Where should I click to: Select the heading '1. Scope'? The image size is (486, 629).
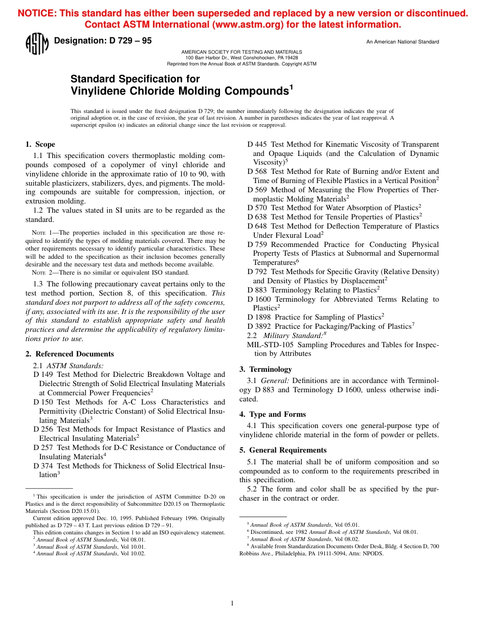(40, 145)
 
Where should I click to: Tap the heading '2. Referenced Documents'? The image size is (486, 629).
(70, 354)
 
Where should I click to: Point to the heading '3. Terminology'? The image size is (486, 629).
(266, 369)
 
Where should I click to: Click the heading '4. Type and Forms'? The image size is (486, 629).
(273, 414)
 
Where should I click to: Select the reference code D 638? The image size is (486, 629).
(257, 217)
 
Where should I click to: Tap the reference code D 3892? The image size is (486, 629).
(259, 326)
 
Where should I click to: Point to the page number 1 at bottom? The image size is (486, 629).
(232, 603)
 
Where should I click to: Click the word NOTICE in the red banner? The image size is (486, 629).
(37, 14)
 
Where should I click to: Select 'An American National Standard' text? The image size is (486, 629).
(402, 42)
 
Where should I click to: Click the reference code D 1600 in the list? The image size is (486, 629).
(259, 299)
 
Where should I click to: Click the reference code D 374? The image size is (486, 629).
(43, 466)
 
